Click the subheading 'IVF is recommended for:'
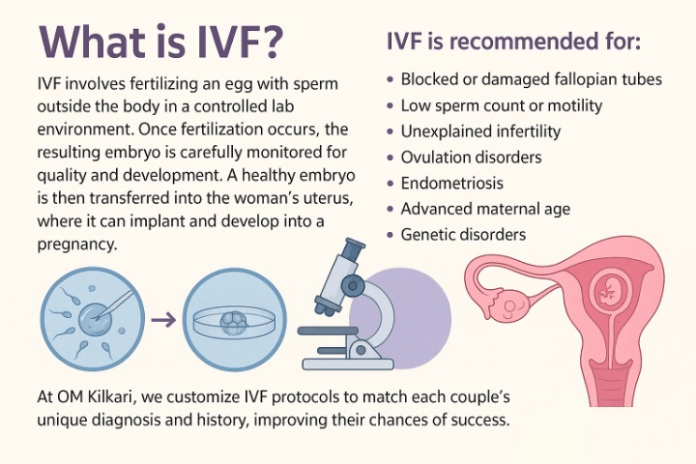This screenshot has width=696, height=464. point(513,42)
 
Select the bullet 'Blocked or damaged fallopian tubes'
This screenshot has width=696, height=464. point(532,79)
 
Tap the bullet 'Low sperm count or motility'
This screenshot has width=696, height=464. point(502,105)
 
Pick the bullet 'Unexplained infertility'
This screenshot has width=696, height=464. point(480,131)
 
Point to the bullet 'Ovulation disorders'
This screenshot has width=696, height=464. point(472,158)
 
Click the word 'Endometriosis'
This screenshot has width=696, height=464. point(451,183)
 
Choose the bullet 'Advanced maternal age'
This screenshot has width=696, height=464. point(485,209)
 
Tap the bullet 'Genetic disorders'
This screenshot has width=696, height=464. point(463,235)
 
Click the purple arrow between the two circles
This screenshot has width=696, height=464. point(163,320)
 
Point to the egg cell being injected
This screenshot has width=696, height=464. point(93,318)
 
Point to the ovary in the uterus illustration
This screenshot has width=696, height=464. point(510,306)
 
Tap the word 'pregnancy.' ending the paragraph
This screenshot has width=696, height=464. point(77,245)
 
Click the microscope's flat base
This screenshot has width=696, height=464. point(348,364)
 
